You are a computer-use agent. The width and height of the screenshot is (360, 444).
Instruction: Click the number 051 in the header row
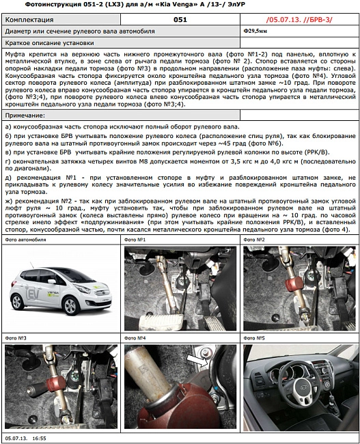180,20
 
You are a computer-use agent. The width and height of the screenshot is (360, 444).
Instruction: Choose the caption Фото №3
16,338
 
